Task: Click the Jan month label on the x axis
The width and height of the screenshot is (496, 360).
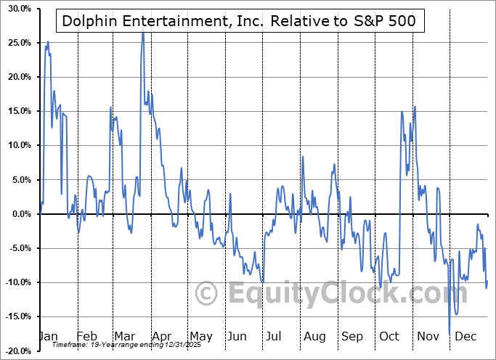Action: tap(47, 337)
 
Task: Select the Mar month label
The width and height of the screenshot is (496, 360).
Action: tap(123, 337)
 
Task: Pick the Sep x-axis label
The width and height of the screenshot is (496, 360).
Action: tap(351, 337)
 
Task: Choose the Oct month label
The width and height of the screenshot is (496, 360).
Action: tap(389, 337)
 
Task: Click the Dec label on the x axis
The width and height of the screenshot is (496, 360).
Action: tap(465, 337)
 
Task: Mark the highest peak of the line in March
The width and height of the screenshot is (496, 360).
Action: tap(142, 33)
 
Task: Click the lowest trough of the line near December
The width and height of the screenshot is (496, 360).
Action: tap(450, 332)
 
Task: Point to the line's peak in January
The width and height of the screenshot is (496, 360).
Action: tap(47, 42)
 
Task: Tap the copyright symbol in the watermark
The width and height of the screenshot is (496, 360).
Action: tap(207, 294)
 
